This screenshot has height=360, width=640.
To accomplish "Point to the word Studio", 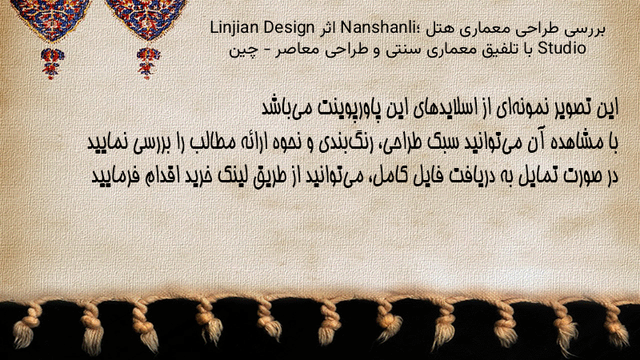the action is click(562, 48).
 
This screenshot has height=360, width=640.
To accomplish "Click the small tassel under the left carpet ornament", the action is click(51, 62).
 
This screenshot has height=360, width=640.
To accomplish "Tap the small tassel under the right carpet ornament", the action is click(148, 62).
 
